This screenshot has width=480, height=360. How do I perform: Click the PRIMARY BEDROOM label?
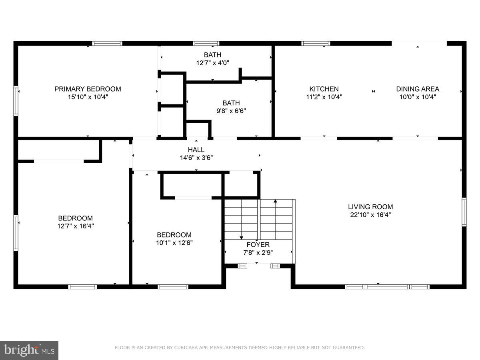point(88,89)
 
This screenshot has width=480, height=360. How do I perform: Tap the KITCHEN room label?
point(324,89)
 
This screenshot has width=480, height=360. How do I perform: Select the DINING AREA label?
point(418,89)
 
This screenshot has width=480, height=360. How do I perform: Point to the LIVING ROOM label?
point(370,207)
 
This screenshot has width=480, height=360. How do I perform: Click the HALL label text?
point(196,150)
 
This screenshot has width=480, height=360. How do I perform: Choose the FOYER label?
point(258,244)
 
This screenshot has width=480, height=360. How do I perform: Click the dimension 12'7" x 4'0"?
point(212,62)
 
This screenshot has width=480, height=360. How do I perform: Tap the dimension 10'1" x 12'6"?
point(174,242)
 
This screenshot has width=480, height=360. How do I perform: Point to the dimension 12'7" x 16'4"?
point(76,226)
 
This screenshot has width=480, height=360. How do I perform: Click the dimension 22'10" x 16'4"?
point(370,214)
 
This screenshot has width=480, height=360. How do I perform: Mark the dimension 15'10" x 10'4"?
point(88,97)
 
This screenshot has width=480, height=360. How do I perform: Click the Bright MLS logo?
point(29,350)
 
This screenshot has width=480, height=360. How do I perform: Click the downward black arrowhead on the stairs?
point(241,238)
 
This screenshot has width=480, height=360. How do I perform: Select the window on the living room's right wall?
point(464,212)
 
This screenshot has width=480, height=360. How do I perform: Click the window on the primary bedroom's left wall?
point(16,101)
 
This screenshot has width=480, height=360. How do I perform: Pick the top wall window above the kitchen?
point(316,43)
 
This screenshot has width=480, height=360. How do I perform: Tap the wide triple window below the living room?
point(387,286)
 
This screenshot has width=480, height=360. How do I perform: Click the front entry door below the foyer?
point(257,265)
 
